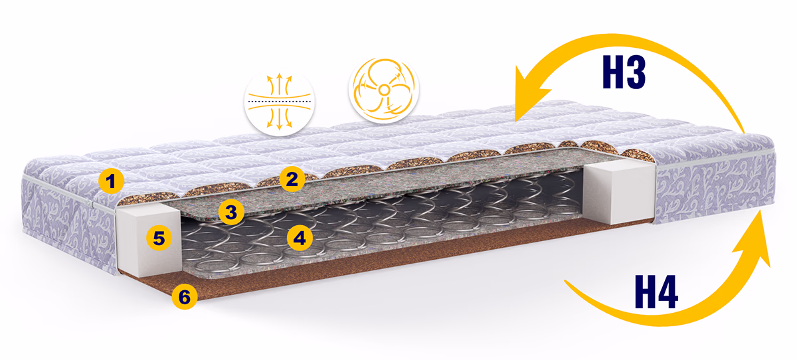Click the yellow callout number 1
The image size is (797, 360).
111,181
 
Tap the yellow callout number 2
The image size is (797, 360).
292,179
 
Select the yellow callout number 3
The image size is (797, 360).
231,212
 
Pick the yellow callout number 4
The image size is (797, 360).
300,238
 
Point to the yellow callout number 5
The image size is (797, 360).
159,238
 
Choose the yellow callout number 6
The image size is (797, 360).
185,296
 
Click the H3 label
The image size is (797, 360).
624,72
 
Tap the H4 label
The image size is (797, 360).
656,292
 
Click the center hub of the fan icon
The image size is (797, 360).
384,90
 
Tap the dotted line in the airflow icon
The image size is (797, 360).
280,102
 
